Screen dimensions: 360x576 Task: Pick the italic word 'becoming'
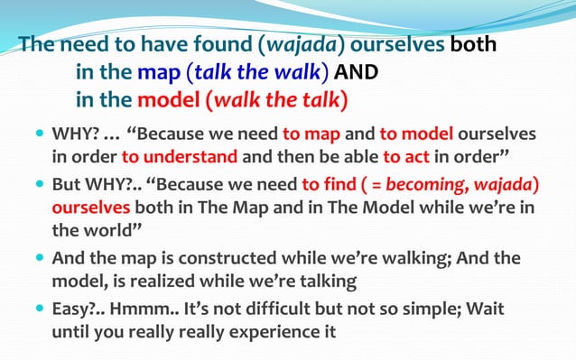422,185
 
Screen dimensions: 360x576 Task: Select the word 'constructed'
202,258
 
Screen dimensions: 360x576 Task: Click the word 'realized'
167,280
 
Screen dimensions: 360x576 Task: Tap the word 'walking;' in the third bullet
395,258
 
